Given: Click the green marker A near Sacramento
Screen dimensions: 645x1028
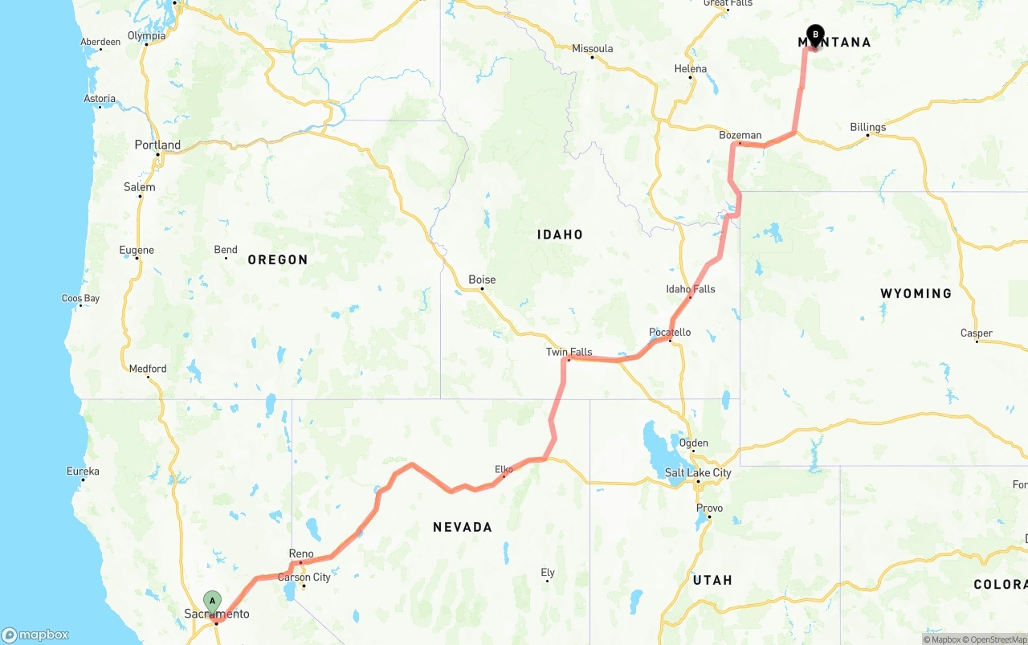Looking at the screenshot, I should [x=212, y=601].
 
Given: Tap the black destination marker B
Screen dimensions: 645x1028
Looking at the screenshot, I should [x=815, y=35].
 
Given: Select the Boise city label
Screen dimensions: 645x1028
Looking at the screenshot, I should [x=482, y=280].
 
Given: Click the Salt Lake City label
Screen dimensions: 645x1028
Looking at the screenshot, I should [x=698, y=472].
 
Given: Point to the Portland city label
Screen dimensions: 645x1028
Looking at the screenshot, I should [x=157, y=145].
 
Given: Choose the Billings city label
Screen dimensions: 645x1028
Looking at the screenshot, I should [x=867, y=127].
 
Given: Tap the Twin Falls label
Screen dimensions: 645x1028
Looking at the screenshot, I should [x=569, y=352].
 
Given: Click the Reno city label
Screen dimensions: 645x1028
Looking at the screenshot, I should [x=301, y=553].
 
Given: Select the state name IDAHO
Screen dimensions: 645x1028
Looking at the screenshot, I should [x=560, y=235].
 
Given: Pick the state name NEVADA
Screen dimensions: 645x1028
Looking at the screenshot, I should [x=462, y=527].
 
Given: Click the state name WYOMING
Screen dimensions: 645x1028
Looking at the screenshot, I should [x=916, y=293].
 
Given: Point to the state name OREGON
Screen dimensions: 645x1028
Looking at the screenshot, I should [x=277, y=259].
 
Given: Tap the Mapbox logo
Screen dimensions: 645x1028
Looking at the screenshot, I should [x=35, y=635].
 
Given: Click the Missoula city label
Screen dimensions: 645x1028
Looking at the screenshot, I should [x=592, y=48].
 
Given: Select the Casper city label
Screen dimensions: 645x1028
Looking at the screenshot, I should [x=976, y=333].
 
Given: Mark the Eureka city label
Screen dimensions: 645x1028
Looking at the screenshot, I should [x=83, y=471].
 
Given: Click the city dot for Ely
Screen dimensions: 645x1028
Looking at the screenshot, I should [x=547, y=581].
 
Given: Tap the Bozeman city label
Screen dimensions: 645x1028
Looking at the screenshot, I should [x=740, y=135].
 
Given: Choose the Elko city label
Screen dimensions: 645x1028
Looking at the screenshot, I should [x=504, y=469].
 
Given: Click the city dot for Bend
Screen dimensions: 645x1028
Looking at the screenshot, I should [x=226, y=258].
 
